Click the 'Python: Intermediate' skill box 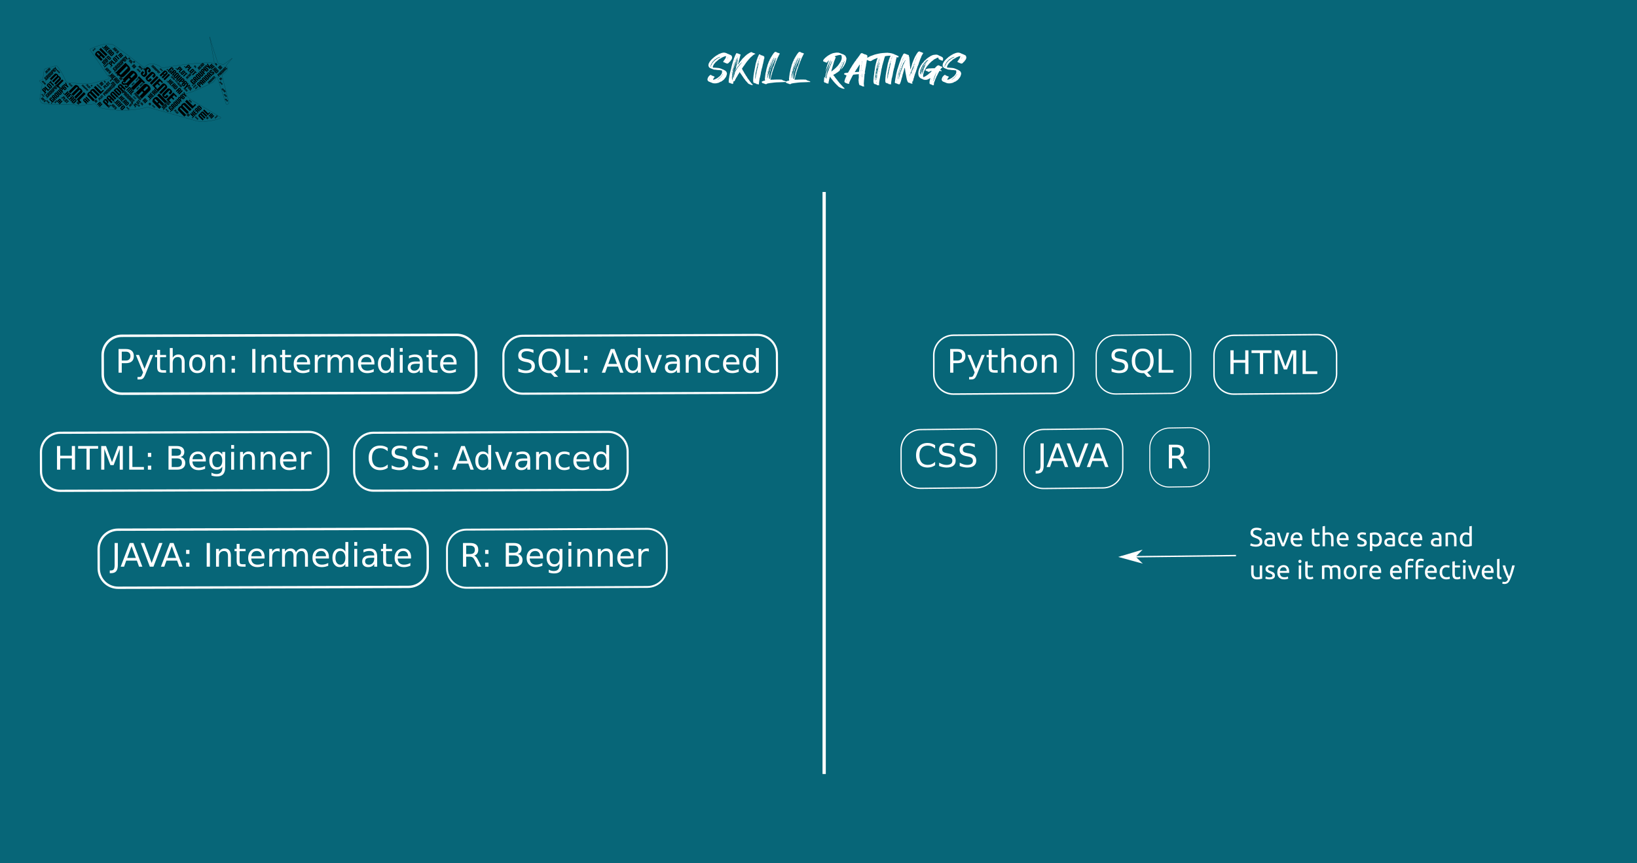click(x=289, y=364)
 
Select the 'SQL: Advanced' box click(x=640, y=364)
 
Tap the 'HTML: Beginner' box click(x=184, y=461)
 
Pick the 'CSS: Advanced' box click(x=490, y=461)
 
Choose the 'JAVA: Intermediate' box click(x=263, y=558)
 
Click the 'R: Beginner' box click(x=557, y=558)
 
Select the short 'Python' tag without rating click(x=1003, y=364)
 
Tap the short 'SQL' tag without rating click(x=1143, y=364)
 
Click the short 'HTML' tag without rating click(x=1275, y=364)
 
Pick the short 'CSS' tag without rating click(x=948, y=459)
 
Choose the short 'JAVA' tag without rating click(x=1073, y=459)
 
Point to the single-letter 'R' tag click(x=1179, y=457)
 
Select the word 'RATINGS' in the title click(x=894, y=69)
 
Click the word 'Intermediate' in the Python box click(x=353, y=362)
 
